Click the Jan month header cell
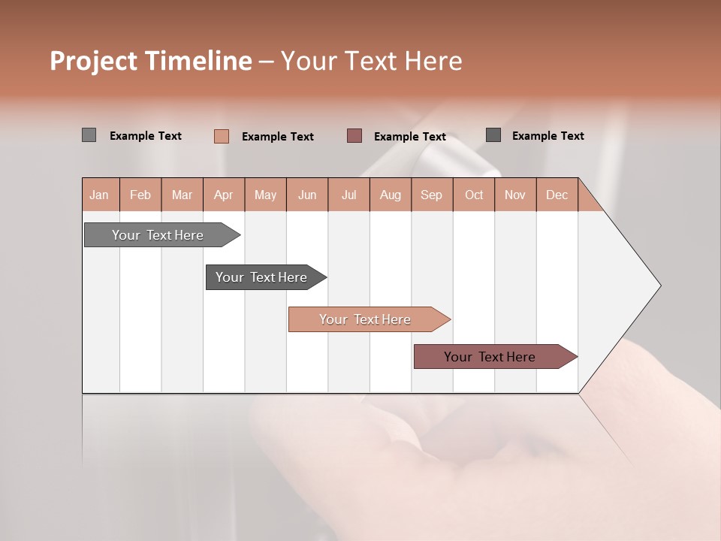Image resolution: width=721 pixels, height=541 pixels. [100, 195]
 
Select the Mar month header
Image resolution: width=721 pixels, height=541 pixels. [182, 195]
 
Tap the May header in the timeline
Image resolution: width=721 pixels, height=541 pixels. [265, 195]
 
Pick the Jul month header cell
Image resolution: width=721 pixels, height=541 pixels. [348, 195]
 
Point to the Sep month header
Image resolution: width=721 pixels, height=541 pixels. [431, 195]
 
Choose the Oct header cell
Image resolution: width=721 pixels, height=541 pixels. [474, 195]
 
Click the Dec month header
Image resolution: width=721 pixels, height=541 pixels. [557, 195]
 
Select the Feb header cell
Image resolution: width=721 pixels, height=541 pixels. [140, 195]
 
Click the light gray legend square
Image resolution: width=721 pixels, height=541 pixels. [89, 135]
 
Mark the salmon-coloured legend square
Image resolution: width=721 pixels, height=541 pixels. [222, 136]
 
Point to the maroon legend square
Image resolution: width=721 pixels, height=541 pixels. [354, 136]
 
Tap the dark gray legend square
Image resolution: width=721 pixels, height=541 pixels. [493, 135]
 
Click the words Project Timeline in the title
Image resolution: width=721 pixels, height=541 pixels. [150, 61]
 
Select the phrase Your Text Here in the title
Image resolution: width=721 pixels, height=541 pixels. [371, 61]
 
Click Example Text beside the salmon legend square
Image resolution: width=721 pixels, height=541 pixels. [277, 137]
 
